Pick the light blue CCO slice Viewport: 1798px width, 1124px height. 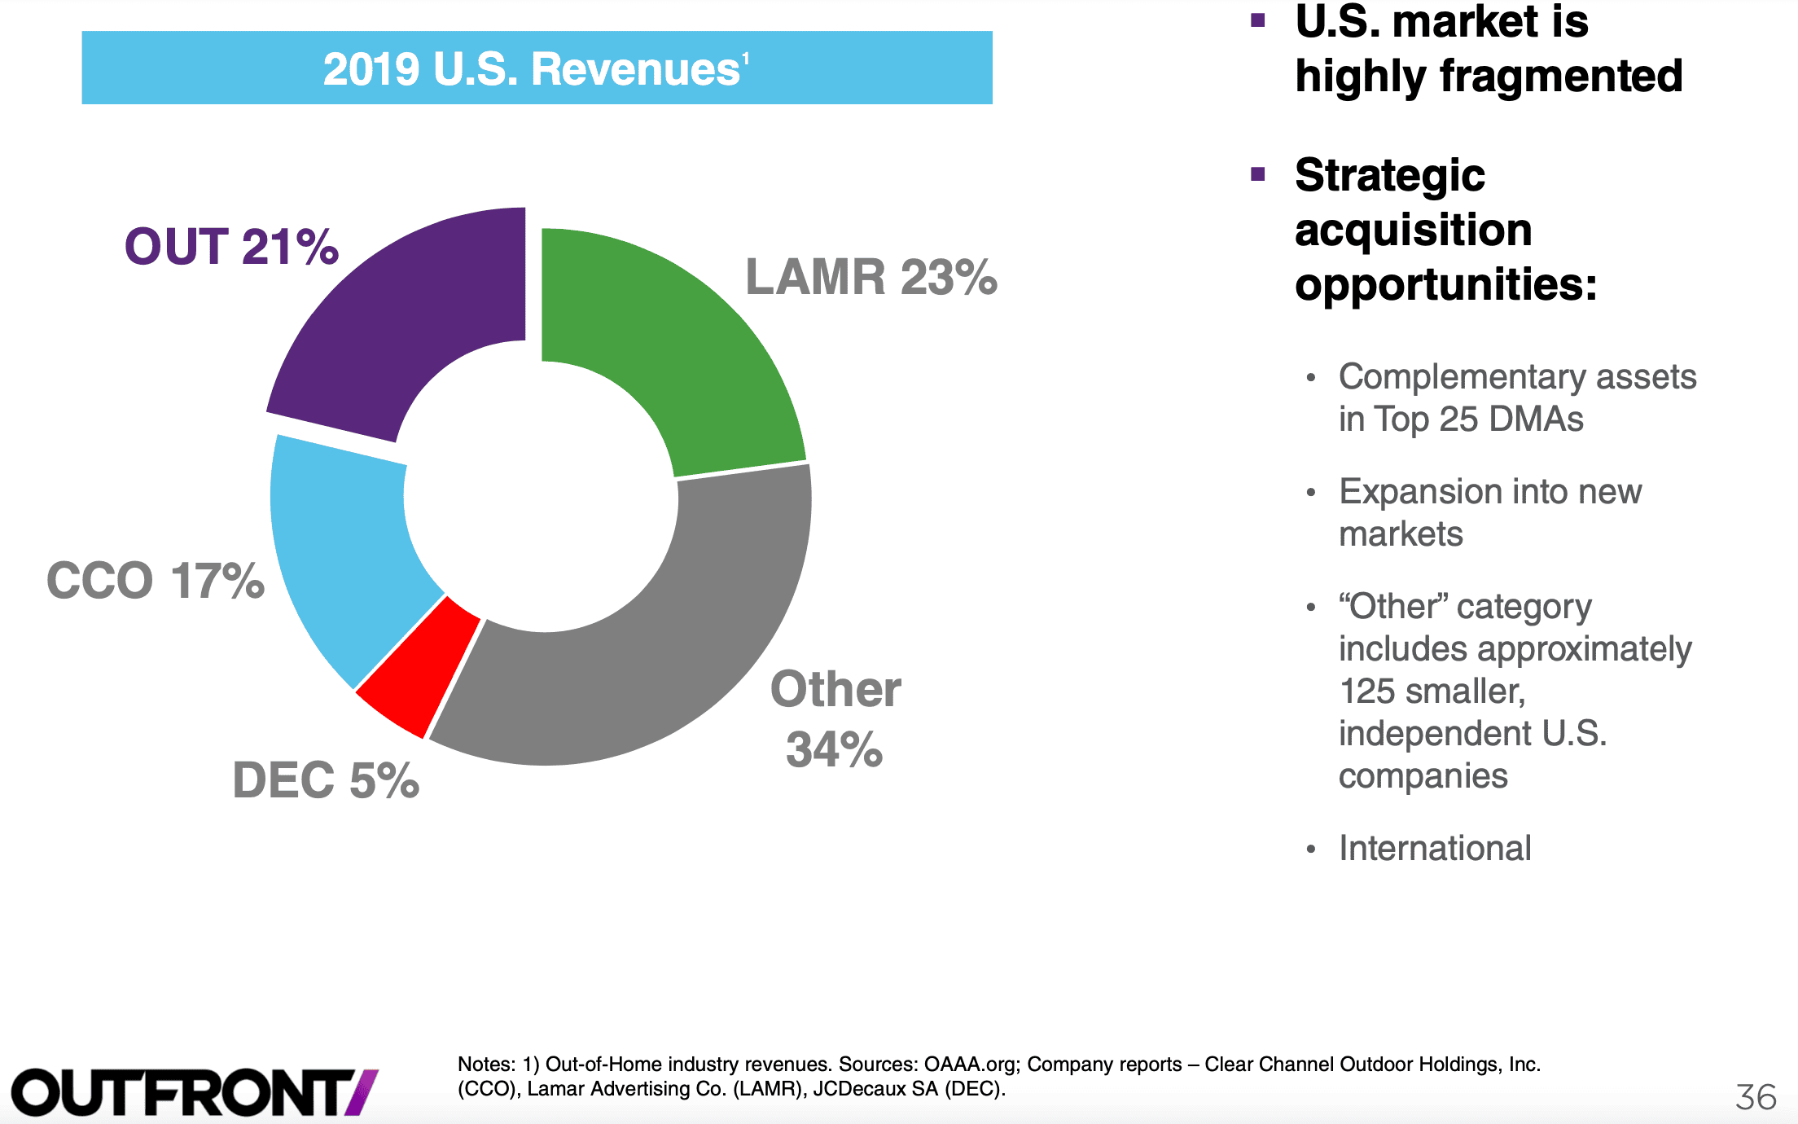pos(342,562)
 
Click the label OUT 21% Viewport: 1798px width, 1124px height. pos(231,246)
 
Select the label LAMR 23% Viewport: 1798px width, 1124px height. pos(871,277)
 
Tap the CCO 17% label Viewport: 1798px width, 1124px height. pos(156,580)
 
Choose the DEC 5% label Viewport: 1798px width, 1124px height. pos(326,779)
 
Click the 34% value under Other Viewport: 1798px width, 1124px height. pos(835,749)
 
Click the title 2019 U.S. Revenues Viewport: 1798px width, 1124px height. pos(536,68)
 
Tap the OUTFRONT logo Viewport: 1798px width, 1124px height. pos(195,1092)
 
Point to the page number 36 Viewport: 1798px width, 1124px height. pos(1756,1097)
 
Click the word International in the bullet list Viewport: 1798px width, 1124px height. pos(1435,848)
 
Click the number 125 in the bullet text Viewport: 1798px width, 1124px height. pos(1367,692)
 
